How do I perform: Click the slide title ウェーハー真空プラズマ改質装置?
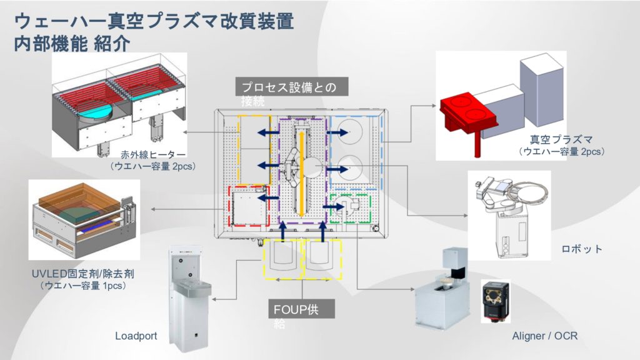click(x=154, y=22)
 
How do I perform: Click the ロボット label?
click(x=581, y=249)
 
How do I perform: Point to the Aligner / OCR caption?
click(x=544, y=336)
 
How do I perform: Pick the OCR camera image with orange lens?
click(x=496, y=301)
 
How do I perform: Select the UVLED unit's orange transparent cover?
click(x=75, y=200)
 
